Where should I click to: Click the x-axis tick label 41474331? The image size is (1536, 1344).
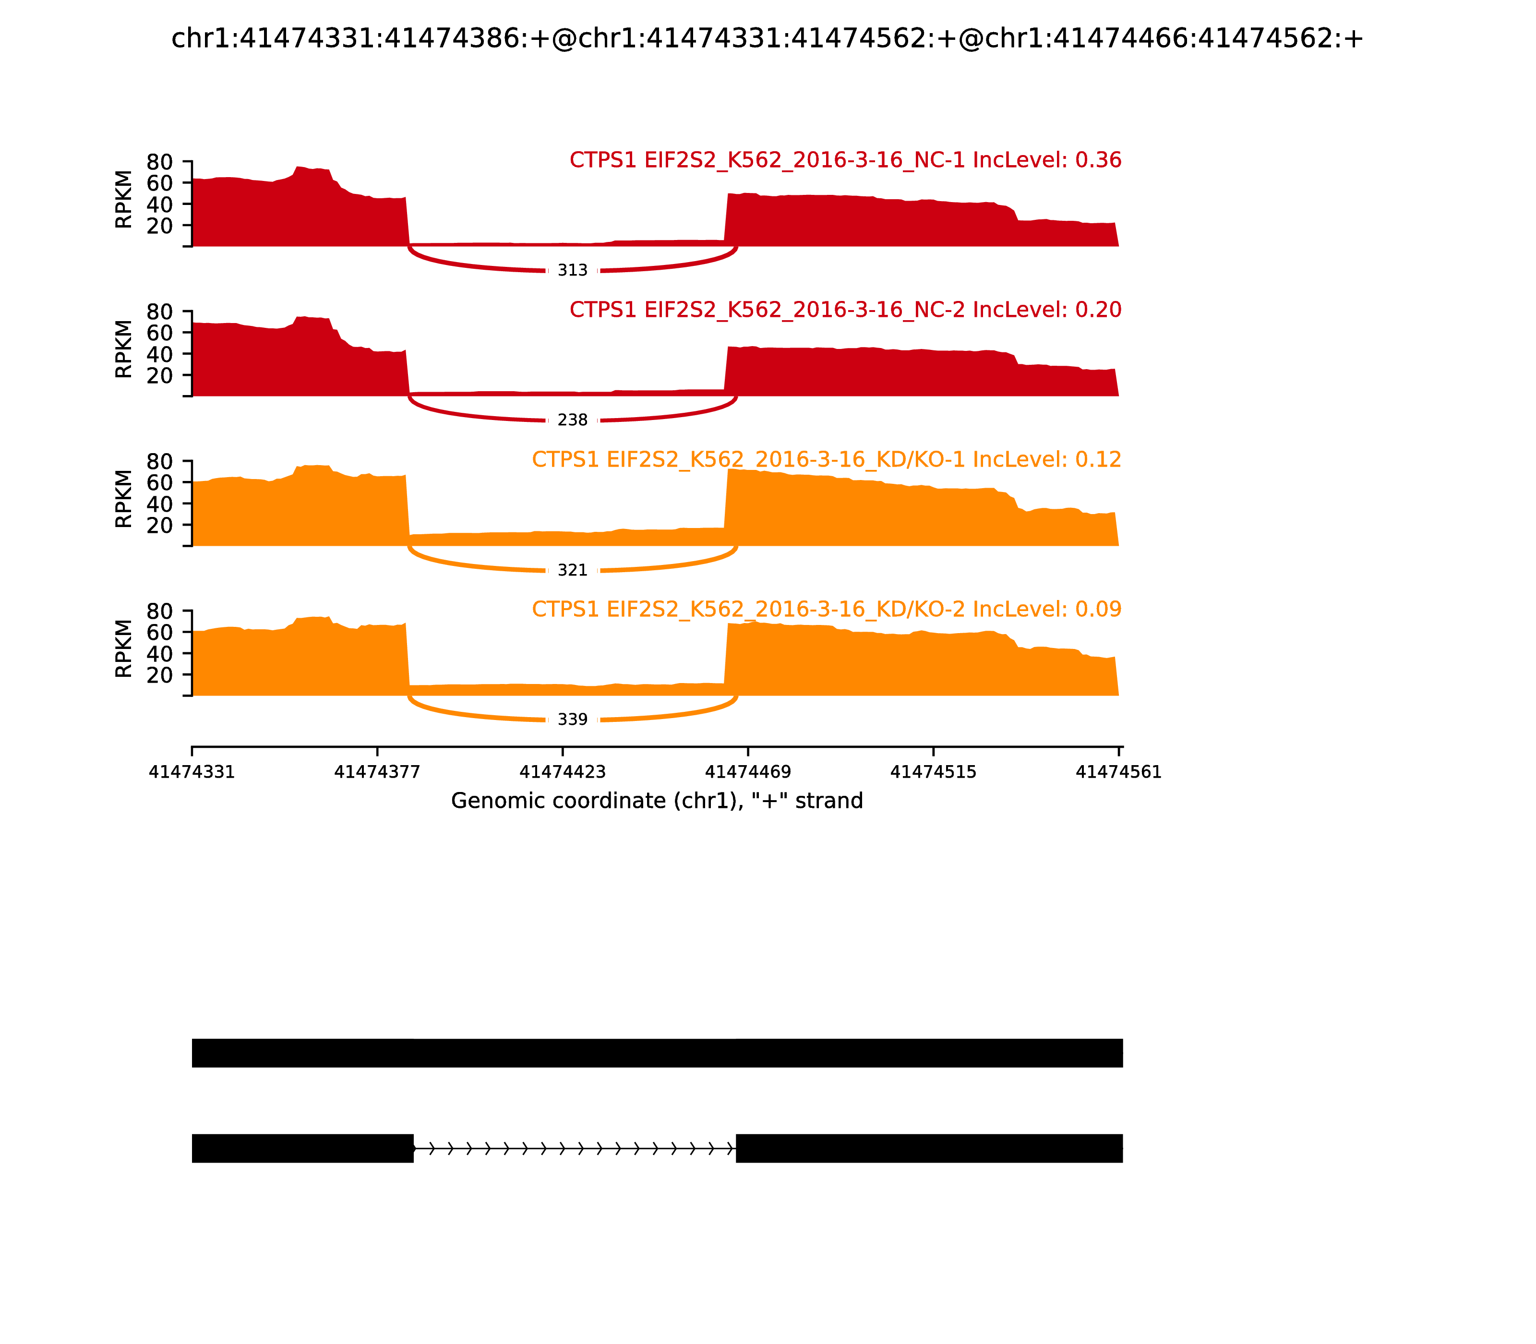(x=192, y=772)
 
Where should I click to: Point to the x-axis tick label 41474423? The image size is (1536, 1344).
(x=563, y=772)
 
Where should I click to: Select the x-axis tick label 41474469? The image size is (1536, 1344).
(x=748, y=772)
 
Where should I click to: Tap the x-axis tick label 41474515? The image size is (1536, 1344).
(x=933, y=772)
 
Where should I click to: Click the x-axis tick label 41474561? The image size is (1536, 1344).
(x=1118, y=772)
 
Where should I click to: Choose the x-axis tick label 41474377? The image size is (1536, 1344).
(x=377, y=772)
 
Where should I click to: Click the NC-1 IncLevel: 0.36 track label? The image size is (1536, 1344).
(x=845, y=160)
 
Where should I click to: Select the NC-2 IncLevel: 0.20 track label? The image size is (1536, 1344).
(x=845, y=310)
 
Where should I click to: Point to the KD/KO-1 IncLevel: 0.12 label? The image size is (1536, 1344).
(x=827, y=460)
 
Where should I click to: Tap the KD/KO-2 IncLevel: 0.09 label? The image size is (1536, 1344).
(x=827, y=609)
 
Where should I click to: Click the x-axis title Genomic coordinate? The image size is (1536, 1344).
(x=657, y=801)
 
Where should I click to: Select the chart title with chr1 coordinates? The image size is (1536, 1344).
(x=767, y=38)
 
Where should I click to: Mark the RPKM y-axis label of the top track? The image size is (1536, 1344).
(x=124, y=200)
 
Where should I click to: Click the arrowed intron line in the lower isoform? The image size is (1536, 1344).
(x=575, y=1148)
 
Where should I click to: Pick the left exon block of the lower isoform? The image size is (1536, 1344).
(x=302, y=1148)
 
